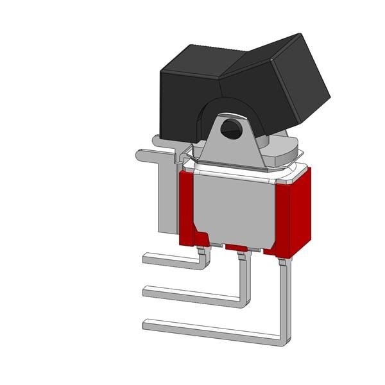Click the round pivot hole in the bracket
coord(230,129)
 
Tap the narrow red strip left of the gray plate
coord(187,205)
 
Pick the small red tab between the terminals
coord(235,247)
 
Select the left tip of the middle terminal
coord(146,292)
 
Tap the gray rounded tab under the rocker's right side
coord(285,153)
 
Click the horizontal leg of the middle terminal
coord(193,294)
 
